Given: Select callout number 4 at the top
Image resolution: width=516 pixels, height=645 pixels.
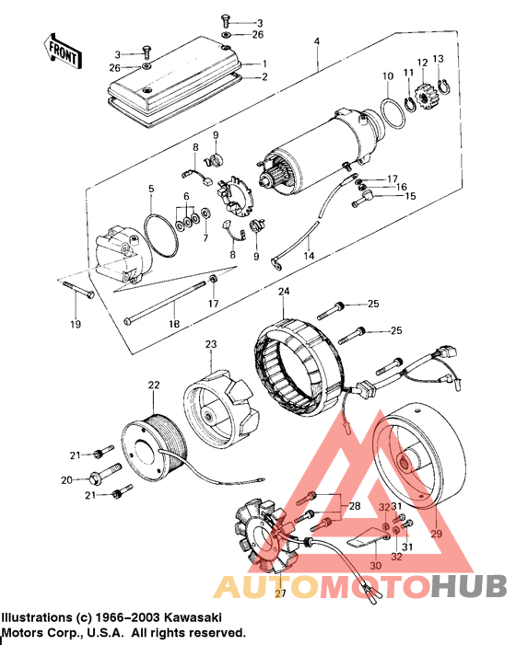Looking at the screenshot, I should pyautogui.click(x=317, y=42).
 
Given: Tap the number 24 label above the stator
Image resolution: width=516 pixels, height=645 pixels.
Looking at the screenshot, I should pyautogui.click(x=284, y=292).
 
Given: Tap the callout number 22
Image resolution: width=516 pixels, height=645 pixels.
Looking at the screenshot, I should pyautogui.click(x=153, y=385).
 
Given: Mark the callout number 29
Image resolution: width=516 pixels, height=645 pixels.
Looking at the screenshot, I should pyautogui.click(x=436, y=534).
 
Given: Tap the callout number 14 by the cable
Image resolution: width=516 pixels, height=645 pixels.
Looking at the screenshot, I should pyautogui.click(x=310, y=255).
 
